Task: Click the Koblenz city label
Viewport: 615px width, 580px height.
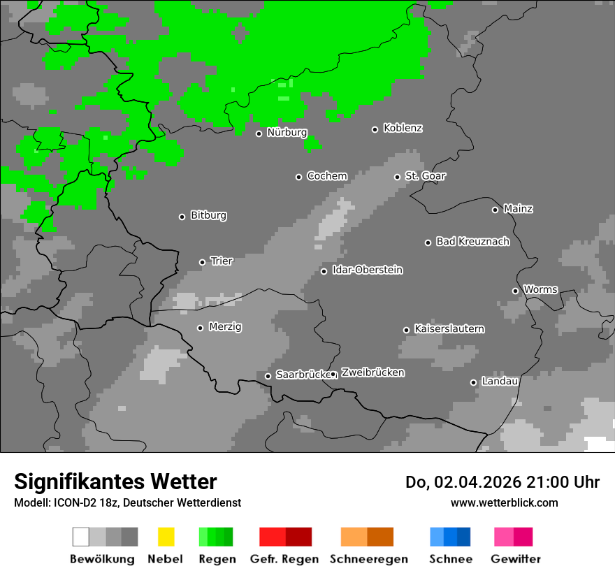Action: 403,129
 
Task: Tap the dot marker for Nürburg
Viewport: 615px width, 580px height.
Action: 259,133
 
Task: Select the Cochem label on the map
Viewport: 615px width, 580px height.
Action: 327,176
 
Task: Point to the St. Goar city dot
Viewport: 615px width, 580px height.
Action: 397,177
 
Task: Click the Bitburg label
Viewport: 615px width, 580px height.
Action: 208,216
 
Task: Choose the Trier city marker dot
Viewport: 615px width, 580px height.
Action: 202,262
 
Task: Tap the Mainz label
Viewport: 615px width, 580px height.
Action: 518,209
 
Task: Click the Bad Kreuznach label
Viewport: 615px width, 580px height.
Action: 472,242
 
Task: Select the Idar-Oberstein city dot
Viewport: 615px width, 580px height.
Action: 324,271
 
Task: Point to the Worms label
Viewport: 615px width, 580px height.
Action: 540,289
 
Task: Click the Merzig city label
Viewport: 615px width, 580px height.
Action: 225,327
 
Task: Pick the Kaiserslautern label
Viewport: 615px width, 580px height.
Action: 449,329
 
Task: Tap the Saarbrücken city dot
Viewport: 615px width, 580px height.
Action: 268,376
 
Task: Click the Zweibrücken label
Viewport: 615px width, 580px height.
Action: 372,373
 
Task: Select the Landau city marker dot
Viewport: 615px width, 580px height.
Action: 473,382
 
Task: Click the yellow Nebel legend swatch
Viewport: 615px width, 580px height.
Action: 166,537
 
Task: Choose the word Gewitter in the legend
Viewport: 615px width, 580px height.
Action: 516,559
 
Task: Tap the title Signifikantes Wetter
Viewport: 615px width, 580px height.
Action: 115,482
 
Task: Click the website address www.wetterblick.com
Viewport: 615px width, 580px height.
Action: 504,502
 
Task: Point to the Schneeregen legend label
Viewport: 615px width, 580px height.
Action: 369,559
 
